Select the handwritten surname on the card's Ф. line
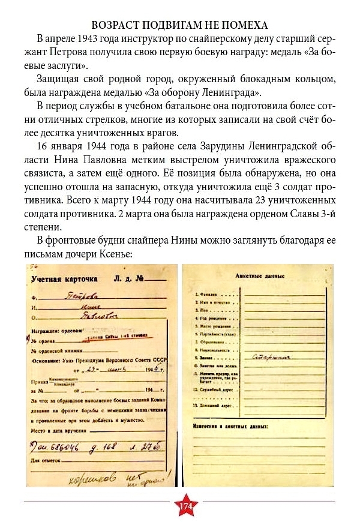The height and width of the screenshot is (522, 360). point(84,295)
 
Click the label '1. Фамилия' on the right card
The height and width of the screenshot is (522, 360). point(208,295)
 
